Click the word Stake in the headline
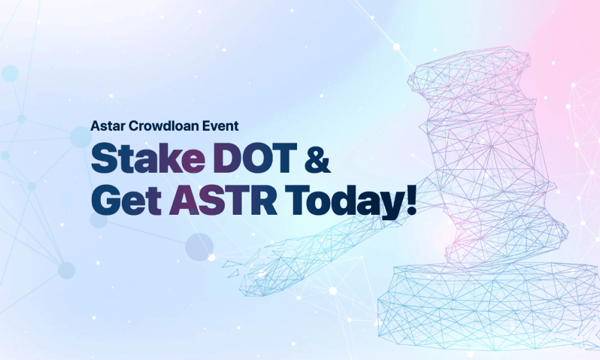(148, 157)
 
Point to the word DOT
(255, 157)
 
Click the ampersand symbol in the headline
(317, 158)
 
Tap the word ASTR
(223, 200)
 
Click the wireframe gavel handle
(325, 245)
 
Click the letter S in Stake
(104, 157)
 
